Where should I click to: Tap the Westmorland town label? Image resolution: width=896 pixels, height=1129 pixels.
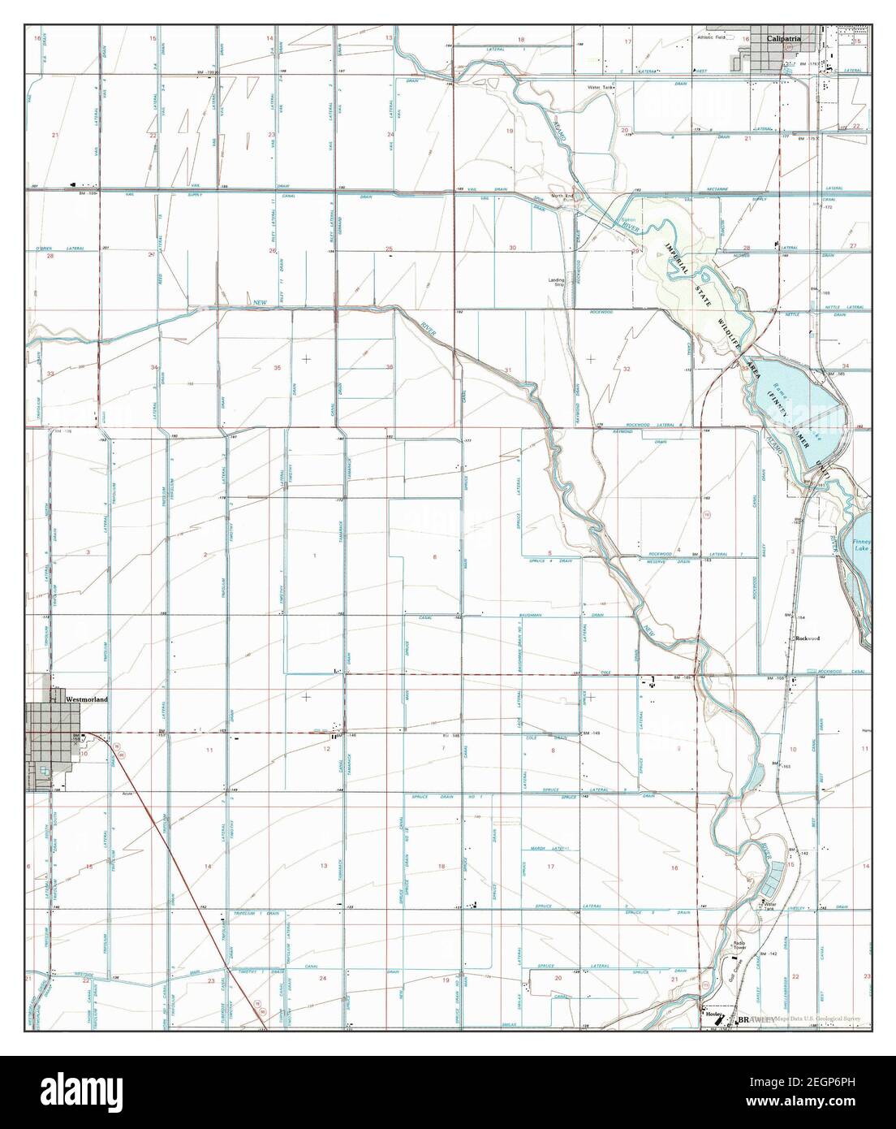coord(86,698)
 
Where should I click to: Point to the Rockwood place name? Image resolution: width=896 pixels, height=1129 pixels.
coord(808,638)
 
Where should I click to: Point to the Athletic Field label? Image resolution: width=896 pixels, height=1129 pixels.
coord(715,38)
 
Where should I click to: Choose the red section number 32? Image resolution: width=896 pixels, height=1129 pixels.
coord(626,369)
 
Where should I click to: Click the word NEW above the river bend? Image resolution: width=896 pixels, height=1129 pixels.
coord(260,303)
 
